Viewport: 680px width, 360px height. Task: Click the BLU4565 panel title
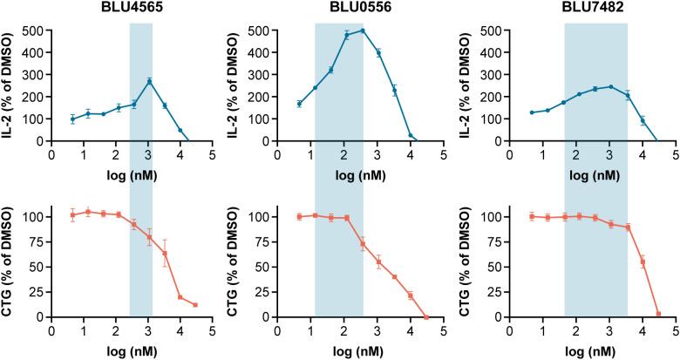[x=116, y=8]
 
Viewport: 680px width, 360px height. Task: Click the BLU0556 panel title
[x=342, y=8]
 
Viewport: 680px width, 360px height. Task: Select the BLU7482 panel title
[x=569, y=8]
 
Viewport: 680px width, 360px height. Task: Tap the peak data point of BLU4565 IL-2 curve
[x=150, y=81]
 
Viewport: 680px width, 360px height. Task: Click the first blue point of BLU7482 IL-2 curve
[x=532, y=112]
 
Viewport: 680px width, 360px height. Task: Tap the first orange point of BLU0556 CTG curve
[x=299, y=216]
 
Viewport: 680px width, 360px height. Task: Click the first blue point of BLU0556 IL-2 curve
[x=299, y=104]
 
